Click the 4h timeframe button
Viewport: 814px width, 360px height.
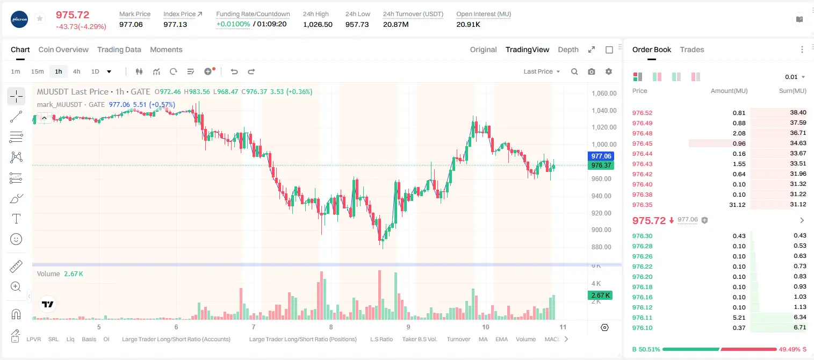(x=76, y=71)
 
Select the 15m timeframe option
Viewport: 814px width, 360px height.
(x=37, y=71)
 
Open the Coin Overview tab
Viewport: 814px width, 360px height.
(x=63, y=49)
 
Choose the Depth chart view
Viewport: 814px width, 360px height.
(x=568, y=49)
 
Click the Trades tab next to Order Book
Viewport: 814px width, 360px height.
(x=692, y=49)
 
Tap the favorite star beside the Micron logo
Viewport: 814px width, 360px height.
(x=40, y=18)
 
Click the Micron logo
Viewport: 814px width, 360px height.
(x=19, y=19)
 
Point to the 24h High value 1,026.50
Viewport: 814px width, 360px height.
(x=318, y=24)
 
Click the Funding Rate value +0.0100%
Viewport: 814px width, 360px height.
(x=233, y=24)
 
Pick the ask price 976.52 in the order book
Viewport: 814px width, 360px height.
(x=642, y=113)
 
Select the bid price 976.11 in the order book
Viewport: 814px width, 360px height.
(x=642, y=318)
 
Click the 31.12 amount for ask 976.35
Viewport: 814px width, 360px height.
(x=737, y=205)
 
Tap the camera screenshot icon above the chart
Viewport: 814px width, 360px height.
(x=591, y=71)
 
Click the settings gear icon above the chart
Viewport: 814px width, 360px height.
(x=609, y=71)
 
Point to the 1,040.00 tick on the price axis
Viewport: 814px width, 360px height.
(x=604, y=111)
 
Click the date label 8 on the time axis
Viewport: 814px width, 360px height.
(x=330, y=327)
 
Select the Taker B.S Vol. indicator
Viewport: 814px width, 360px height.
(x=419, y=339)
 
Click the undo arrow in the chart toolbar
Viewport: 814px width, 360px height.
(x=234, y=71)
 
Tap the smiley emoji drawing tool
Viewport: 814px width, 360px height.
(x=16, y=239)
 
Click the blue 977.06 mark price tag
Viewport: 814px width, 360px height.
(x=601, y=156)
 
